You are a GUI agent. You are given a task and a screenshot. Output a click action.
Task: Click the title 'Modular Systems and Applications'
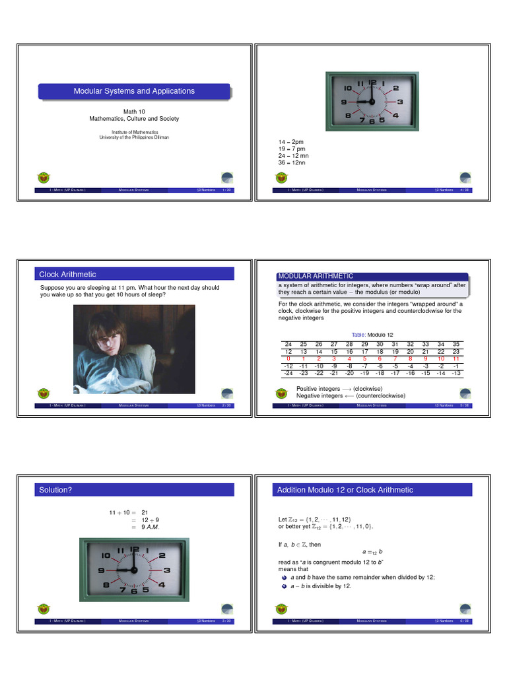tap(134, 91)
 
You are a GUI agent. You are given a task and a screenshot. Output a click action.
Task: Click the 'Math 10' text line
tap(134, 112)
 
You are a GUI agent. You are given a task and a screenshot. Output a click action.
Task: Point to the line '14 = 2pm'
tap(291, 142)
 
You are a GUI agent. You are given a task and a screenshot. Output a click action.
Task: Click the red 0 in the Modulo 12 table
tap(288, 358)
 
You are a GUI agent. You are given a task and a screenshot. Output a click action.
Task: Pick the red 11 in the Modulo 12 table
tap(456, 358)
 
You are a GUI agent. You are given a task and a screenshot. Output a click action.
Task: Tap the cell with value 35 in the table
tap(456, 345)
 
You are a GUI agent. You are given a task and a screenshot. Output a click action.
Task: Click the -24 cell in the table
tap(288, 373)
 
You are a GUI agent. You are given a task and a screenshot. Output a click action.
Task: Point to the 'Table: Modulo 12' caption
tap(373, 335)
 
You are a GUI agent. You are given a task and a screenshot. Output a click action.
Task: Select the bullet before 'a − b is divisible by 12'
tap(284, 586)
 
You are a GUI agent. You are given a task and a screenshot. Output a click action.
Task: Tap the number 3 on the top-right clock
tap(401, 102)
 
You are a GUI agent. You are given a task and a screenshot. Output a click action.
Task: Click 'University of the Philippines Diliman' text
tap(134, 137)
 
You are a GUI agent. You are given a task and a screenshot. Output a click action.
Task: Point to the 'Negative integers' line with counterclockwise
tap(351, 396)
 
